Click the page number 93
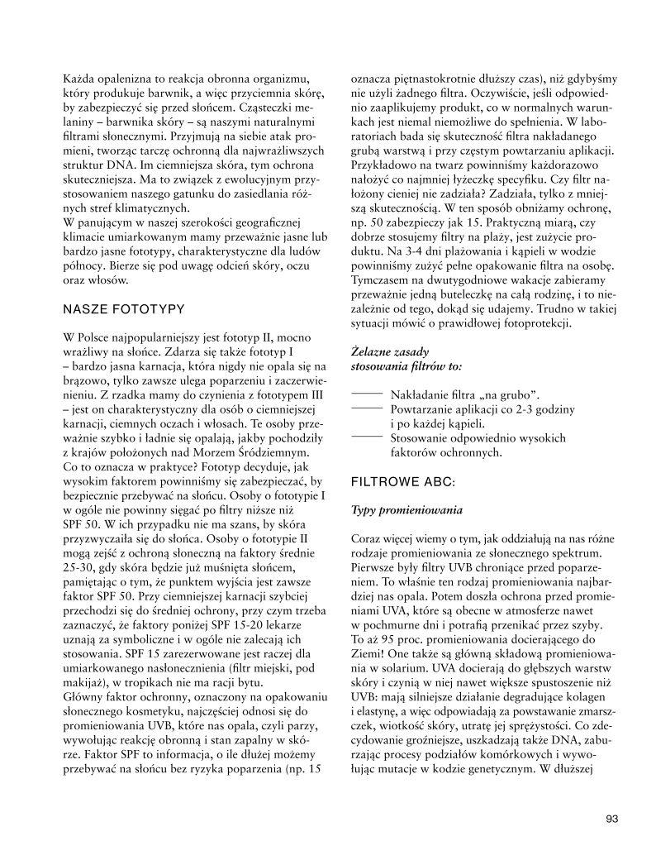pos(611,819)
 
